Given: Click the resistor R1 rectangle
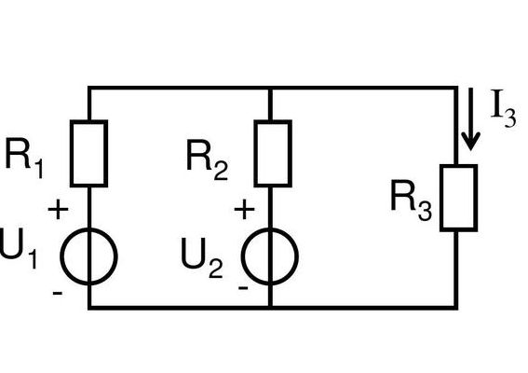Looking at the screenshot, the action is (x=71, y=154).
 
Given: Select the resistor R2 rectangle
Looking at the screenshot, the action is (x=255, y=154).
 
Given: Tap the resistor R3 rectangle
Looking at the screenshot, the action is (x=441, y=198).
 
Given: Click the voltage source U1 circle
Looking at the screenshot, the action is (x=61, y=256).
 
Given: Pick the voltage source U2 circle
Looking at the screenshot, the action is (x=243, y=256).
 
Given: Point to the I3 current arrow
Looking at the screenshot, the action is (x=470, y=119).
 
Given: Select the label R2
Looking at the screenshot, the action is (x=207, y=159).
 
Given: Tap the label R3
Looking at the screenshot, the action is (x=412, y=200).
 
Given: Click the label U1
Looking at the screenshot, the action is (x=18, y=249).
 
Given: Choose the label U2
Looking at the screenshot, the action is (x=202, y=258).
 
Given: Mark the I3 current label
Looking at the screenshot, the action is (x=503, y=108).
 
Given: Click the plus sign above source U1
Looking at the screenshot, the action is (x=59, y=210).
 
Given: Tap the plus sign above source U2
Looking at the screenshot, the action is (x=244, y=210).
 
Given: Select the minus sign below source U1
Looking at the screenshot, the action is (x=58, y=293).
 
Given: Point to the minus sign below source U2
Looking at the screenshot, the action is (x=243, y=287).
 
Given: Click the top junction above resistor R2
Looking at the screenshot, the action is (x=270, y=88).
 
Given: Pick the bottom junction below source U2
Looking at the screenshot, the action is (x=270, y=307).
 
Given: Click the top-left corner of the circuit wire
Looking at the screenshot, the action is (x=89, y=88).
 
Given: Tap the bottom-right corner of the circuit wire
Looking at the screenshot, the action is (x=456, y=308).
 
